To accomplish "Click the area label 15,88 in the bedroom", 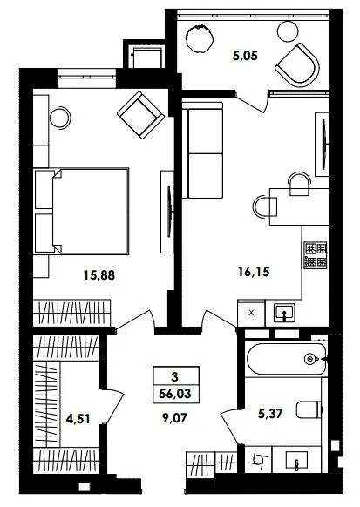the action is [99, 275].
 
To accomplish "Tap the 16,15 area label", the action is [254, 272].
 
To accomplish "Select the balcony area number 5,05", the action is [245, 56].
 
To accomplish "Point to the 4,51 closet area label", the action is [78, 419].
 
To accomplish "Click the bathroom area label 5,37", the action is [271, 413].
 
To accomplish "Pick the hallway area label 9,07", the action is [174, 418].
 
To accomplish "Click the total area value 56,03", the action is [175, 394].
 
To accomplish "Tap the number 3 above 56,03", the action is [175, 377].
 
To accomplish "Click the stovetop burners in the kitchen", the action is [316, 255].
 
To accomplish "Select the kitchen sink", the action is [284, 313].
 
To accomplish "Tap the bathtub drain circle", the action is [309, 358].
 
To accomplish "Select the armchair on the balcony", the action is [297, 65].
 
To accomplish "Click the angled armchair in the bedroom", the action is [140, 115].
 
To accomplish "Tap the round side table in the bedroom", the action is [60, 118].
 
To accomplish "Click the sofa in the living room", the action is [202, 150].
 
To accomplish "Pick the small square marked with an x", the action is [251, 313].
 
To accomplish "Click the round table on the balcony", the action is [288, 31].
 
